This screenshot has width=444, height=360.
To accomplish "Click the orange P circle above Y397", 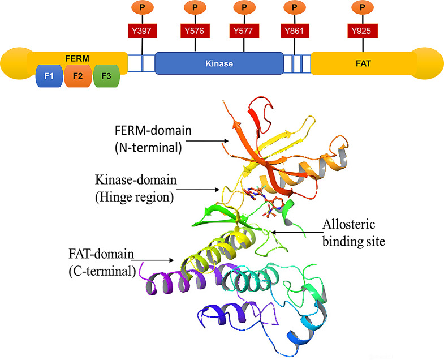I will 139,8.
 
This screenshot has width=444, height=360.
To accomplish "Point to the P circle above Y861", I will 294,8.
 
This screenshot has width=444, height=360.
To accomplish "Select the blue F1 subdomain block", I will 49,75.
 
